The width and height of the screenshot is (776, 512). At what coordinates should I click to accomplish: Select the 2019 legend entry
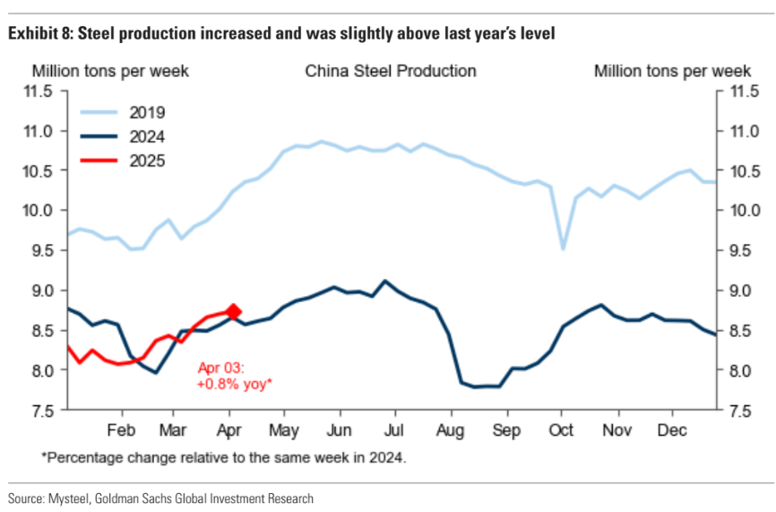coord(148,113)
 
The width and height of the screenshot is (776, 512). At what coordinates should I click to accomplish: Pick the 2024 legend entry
coord(148,137)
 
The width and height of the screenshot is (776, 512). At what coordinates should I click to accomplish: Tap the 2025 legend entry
coord(148,161)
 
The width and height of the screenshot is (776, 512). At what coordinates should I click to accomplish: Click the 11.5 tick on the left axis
coord(44,91)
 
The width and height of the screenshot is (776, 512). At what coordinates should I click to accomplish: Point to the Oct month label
coord(562,429)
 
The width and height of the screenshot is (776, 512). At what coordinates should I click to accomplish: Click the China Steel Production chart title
coord(391,71)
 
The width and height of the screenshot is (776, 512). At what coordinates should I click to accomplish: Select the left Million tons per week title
coord(111,71)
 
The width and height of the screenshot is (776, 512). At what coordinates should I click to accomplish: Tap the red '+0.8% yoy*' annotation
coord(234,383)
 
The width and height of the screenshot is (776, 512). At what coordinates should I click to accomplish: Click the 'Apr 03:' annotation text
coord(220,368)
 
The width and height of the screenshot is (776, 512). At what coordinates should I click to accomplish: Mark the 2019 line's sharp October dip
coord(563,248)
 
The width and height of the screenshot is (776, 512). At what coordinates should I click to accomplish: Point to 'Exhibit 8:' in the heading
coord(41,34)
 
